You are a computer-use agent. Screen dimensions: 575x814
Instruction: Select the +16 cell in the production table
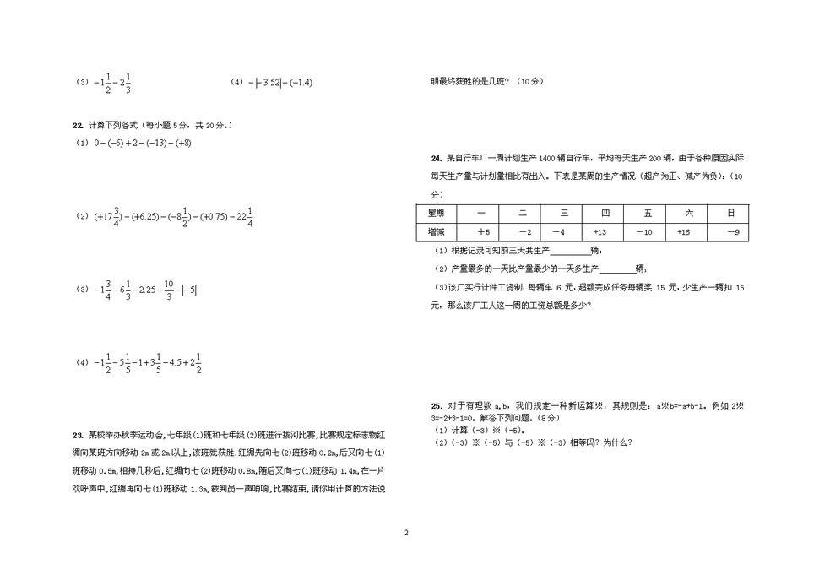click(x=686, y=232)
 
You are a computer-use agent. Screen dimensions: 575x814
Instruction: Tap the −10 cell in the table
click(x=644, y=232)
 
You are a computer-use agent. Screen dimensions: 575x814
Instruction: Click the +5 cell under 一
click(x=482, y=232)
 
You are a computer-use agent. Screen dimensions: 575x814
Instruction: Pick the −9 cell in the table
click(x=732, y=232)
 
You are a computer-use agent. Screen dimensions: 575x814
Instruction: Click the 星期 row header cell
click(x=437, y=213)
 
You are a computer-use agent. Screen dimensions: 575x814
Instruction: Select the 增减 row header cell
click(x=437, y=232)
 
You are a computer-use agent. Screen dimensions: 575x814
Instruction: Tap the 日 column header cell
click(x=732, y=213)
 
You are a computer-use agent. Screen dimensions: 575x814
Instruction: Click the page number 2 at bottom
click(x=406, y=534)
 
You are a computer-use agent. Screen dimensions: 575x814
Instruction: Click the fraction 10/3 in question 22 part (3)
click(x=169, y=290)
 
